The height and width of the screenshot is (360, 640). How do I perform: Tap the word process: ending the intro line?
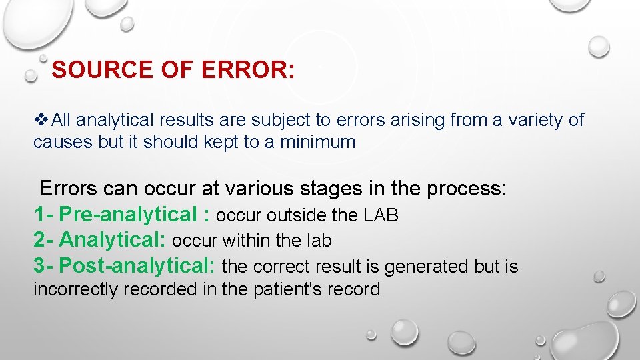(x=467, y=189)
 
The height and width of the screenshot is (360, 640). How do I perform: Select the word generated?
(x=417, y=267)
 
